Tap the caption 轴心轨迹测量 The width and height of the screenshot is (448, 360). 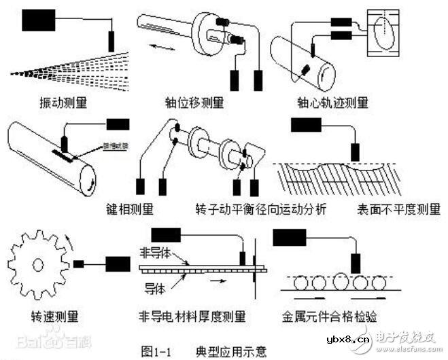point(334,103)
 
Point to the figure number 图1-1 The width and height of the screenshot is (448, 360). point(158,350)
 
